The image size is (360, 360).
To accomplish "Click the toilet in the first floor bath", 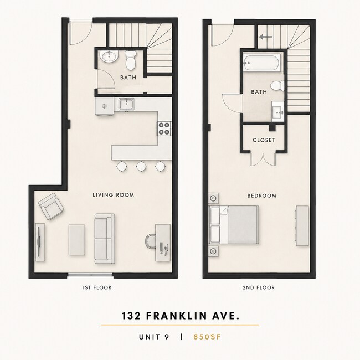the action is point(130,60).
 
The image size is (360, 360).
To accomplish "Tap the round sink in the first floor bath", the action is point(109,56).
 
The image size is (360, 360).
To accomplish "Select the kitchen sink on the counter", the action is point(126,104).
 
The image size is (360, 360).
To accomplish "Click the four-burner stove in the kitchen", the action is point(164,128).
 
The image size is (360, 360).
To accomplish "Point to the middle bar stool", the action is point(141,166).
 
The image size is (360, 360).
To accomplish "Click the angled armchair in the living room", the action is point(51,206).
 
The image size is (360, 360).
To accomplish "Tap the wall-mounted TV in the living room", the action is point(39,242).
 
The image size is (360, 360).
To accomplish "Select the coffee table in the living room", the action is point(76,240).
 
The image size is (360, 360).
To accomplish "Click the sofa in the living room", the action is point(105,239).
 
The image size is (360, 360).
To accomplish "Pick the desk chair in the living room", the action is point(151,241).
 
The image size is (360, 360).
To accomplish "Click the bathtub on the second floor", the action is point(262,63).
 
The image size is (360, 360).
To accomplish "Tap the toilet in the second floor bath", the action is point(277,86).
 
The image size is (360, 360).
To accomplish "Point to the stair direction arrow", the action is point(266,37).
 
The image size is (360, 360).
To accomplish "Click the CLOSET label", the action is point(264,140).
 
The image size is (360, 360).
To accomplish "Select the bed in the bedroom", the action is point(234,225).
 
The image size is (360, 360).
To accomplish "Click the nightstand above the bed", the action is point(213,198).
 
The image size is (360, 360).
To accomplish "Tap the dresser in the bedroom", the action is point(302,225).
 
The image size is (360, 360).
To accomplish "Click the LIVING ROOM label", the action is point(114,195).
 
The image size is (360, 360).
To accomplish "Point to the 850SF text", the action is point(207,337).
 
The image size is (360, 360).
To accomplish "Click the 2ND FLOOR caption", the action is point(259,287).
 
